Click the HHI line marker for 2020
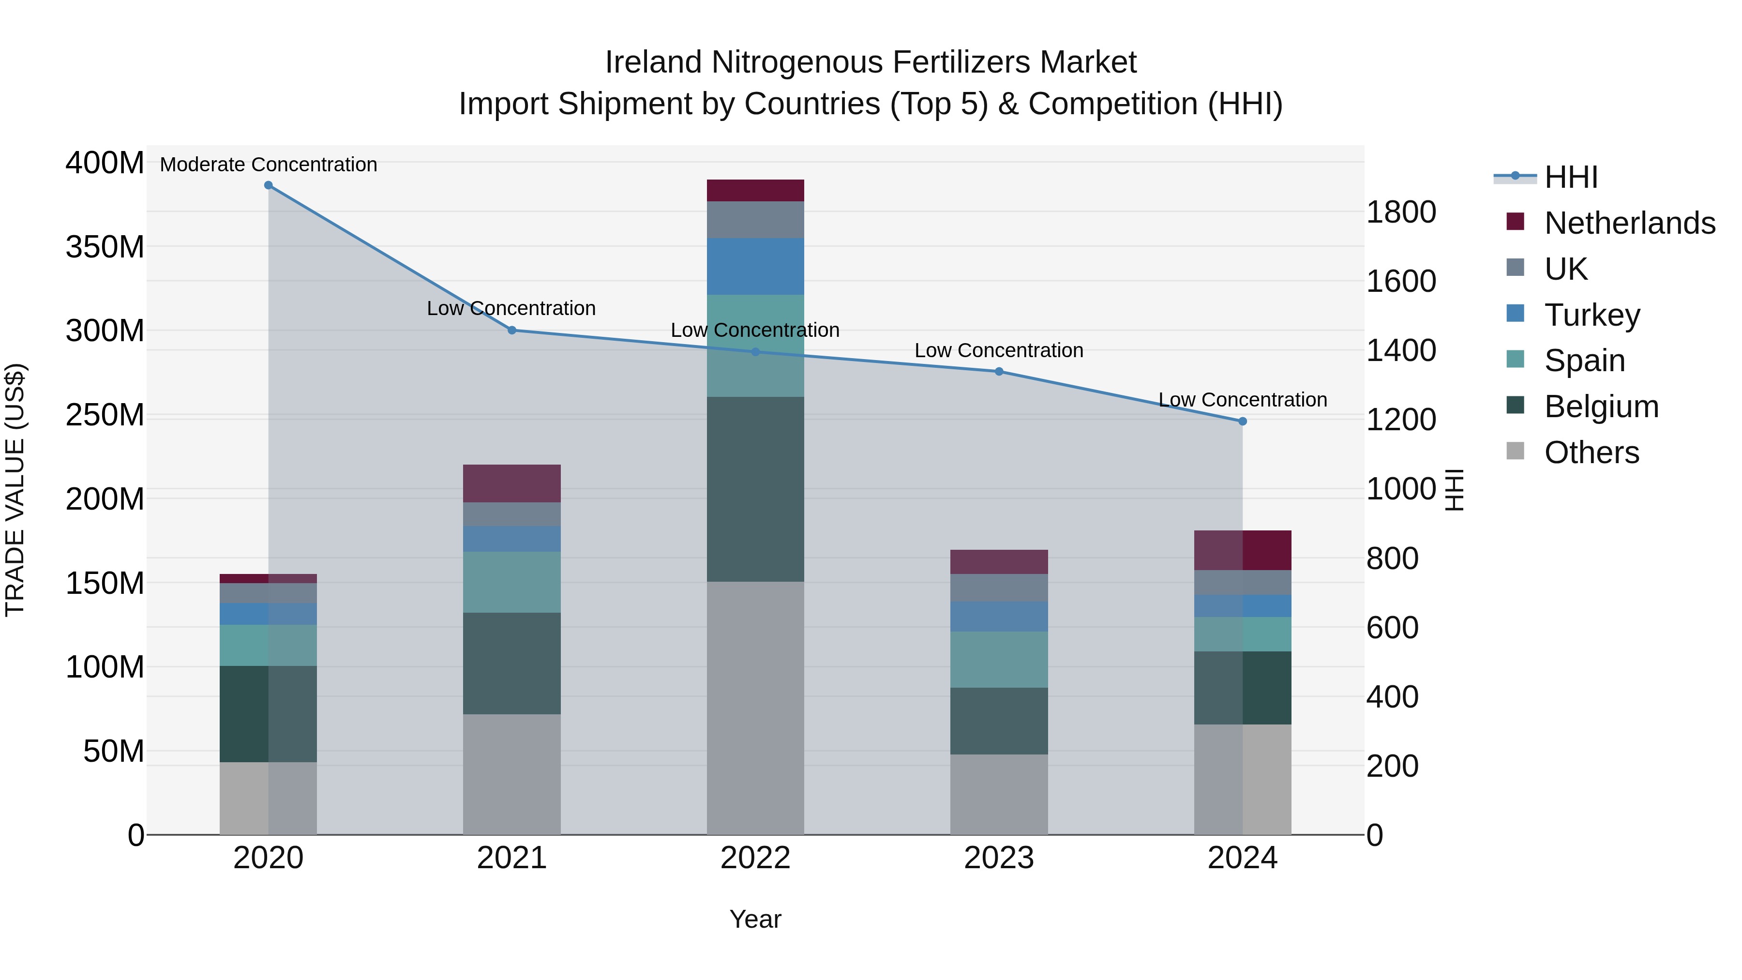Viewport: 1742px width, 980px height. (269, 185)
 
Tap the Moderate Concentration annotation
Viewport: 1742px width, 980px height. (269, 165)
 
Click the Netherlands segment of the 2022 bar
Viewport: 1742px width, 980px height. (755, 190)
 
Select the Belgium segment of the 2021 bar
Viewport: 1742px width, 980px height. (512, 663)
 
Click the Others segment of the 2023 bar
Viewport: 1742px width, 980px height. (999, 794)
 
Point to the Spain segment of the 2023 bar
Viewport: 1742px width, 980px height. (999, 660)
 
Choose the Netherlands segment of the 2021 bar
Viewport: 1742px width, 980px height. (512, 483)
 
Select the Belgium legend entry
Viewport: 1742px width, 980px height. (1601, 407)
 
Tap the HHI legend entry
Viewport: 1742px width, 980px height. (1570, 177)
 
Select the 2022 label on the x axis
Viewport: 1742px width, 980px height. (755, 858)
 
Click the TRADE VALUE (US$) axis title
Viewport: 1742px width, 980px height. (15, 490)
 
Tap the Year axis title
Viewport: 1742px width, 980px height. (755, 919)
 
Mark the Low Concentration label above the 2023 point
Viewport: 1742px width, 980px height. (999, 350)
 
